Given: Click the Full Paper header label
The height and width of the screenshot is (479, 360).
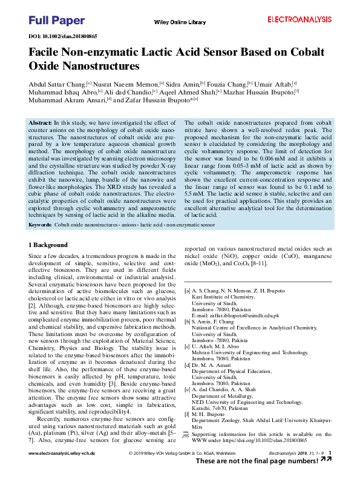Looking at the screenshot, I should [57, 21].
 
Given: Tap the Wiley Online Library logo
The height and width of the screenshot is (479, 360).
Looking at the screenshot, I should [180, 22].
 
